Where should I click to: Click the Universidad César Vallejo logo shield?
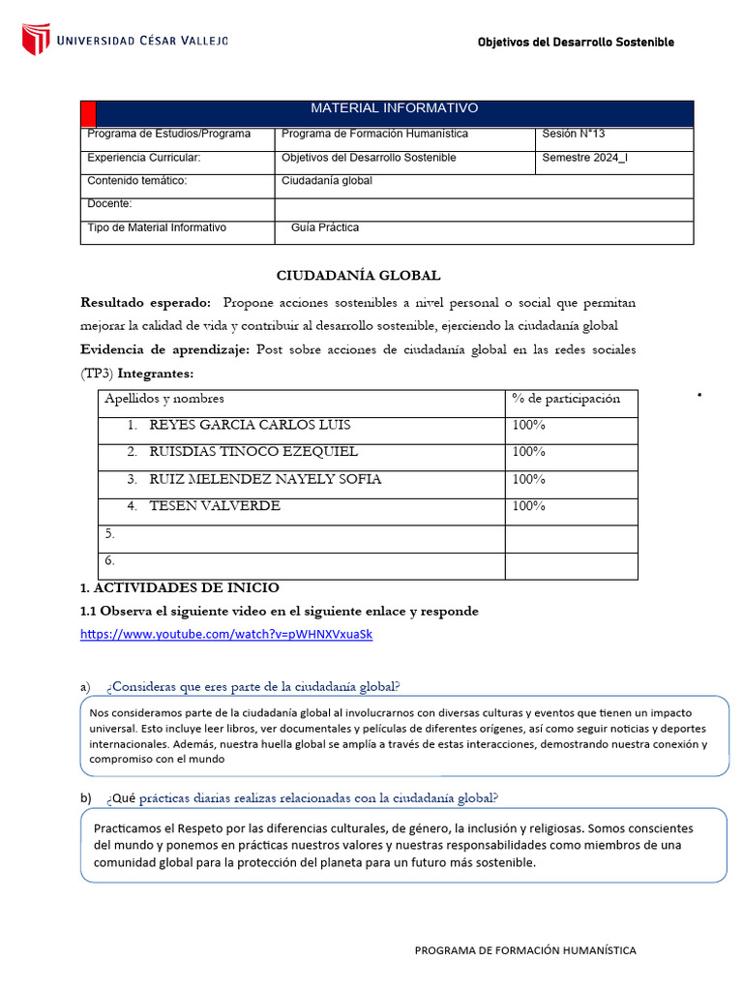click(x=36, y=40)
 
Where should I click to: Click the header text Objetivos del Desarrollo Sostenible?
click(x=576, y=42)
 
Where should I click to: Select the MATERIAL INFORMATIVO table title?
click(x=394, y=108)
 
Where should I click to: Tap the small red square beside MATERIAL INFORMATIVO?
click(x=88, y=113)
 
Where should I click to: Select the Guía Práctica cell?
click(x=325, y=227)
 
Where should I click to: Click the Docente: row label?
click(x=109, y=204)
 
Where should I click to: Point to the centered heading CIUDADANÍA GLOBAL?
click(x=358, y=276)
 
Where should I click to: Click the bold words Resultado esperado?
click(x=145, y=303)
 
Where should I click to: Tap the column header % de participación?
click(x=566, y=399)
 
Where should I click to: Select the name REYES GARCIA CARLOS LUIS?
click(x=250, y=425)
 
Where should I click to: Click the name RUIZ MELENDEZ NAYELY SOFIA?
click(x=265, y=479)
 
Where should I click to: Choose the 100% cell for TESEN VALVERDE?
click(x=529, y=505)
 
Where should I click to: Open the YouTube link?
click(x=226, y=635)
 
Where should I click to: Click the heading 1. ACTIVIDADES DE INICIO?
click(x=180, y=587)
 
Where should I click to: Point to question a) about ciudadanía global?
click(x=253, y=686)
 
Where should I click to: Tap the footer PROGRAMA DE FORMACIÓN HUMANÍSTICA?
click(x=525, y=950)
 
